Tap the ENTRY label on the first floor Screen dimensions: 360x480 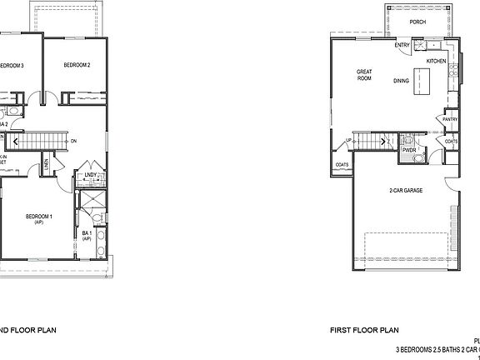pos(402,46)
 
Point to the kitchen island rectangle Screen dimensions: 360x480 pos(427,80)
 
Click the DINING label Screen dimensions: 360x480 pos(402,81)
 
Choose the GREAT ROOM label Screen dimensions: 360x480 pos(364,75)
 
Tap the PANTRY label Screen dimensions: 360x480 pos(450,120)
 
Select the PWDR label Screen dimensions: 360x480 pos(409,151)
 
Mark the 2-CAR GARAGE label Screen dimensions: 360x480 pos(405,191)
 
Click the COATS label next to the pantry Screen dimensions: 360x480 pos(451,142)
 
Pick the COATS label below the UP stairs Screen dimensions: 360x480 pos(342,165)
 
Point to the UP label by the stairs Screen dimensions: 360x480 pos(348,140)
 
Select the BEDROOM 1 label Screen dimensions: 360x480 pos(39,217)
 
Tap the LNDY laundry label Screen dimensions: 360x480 pos(91,175)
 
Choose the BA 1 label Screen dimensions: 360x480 pos(87,234)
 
